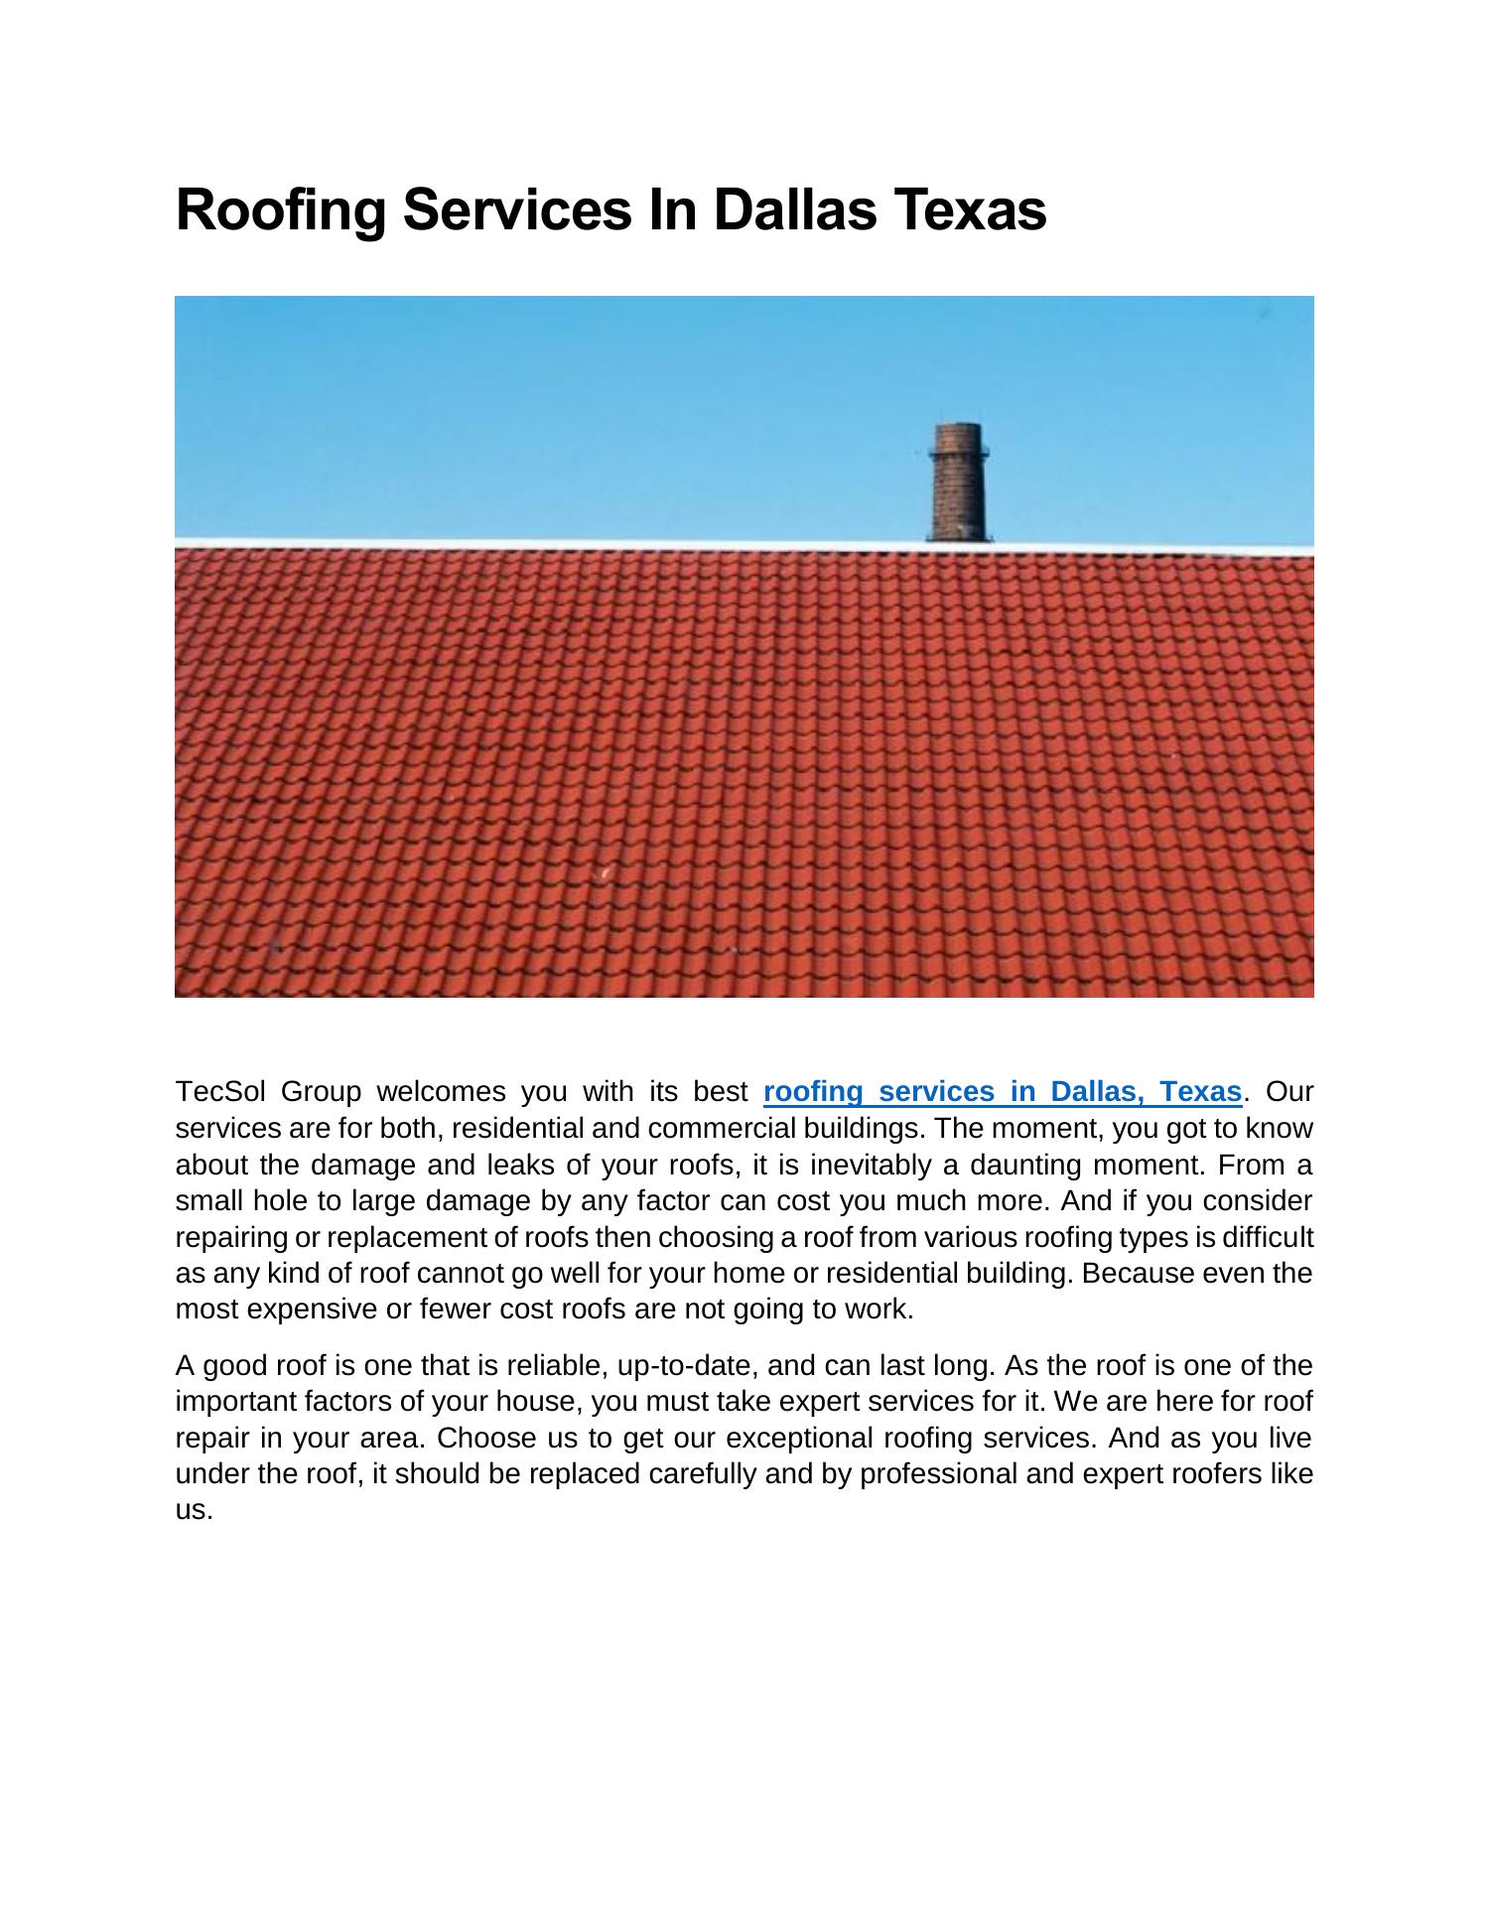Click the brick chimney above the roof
[x=958, y=486]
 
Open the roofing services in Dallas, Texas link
[x=1003, y=1092]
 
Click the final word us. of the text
[x=194, y=1511]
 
